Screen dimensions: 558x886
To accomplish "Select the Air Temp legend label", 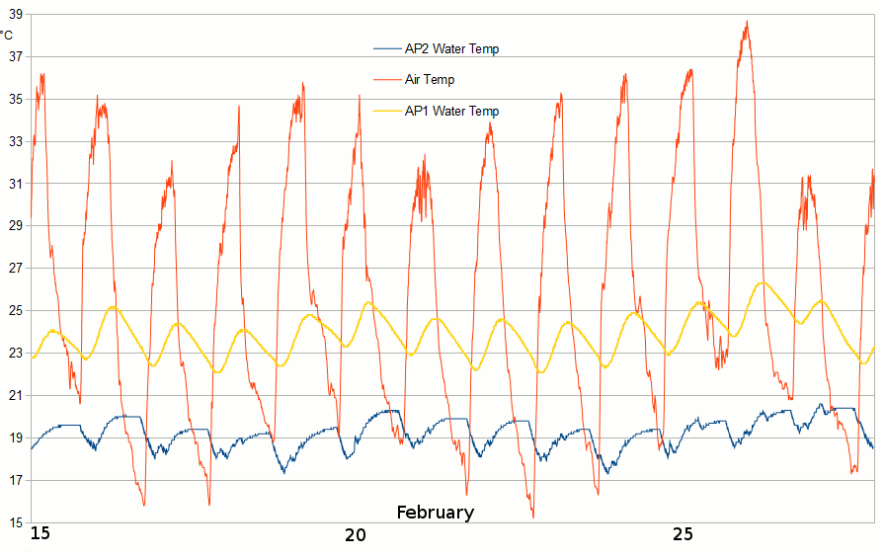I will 430,79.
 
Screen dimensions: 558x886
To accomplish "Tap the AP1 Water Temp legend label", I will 451,111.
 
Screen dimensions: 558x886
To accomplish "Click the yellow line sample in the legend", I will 387,111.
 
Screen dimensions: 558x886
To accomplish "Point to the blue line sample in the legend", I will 387,48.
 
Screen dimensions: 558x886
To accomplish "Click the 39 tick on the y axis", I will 14,14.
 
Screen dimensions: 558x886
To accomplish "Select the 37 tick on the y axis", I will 14,56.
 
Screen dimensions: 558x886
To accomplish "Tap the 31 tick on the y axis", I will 14,184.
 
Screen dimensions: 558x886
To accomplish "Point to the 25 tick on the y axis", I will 14,311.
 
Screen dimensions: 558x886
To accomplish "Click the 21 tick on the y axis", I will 14,396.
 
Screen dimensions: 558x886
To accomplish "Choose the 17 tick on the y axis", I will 14,481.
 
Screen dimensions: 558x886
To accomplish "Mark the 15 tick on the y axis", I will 14,523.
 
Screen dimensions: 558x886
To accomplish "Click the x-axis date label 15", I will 40,534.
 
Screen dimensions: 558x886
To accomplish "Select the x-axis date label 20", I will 355,534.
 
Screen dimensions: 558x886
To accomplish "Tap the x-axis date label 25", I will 683,534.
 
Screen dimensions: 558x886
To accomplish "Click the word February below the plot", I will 435,513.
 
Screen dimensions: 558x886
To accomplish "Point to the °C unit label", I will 6,36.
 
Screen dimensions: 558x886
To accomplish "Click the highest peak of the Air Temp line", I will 747,22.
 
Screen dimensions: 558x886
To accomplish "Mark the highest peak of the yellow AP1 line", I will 763,283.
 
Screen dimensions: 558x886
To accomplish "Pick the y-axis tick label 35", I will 14,99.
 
